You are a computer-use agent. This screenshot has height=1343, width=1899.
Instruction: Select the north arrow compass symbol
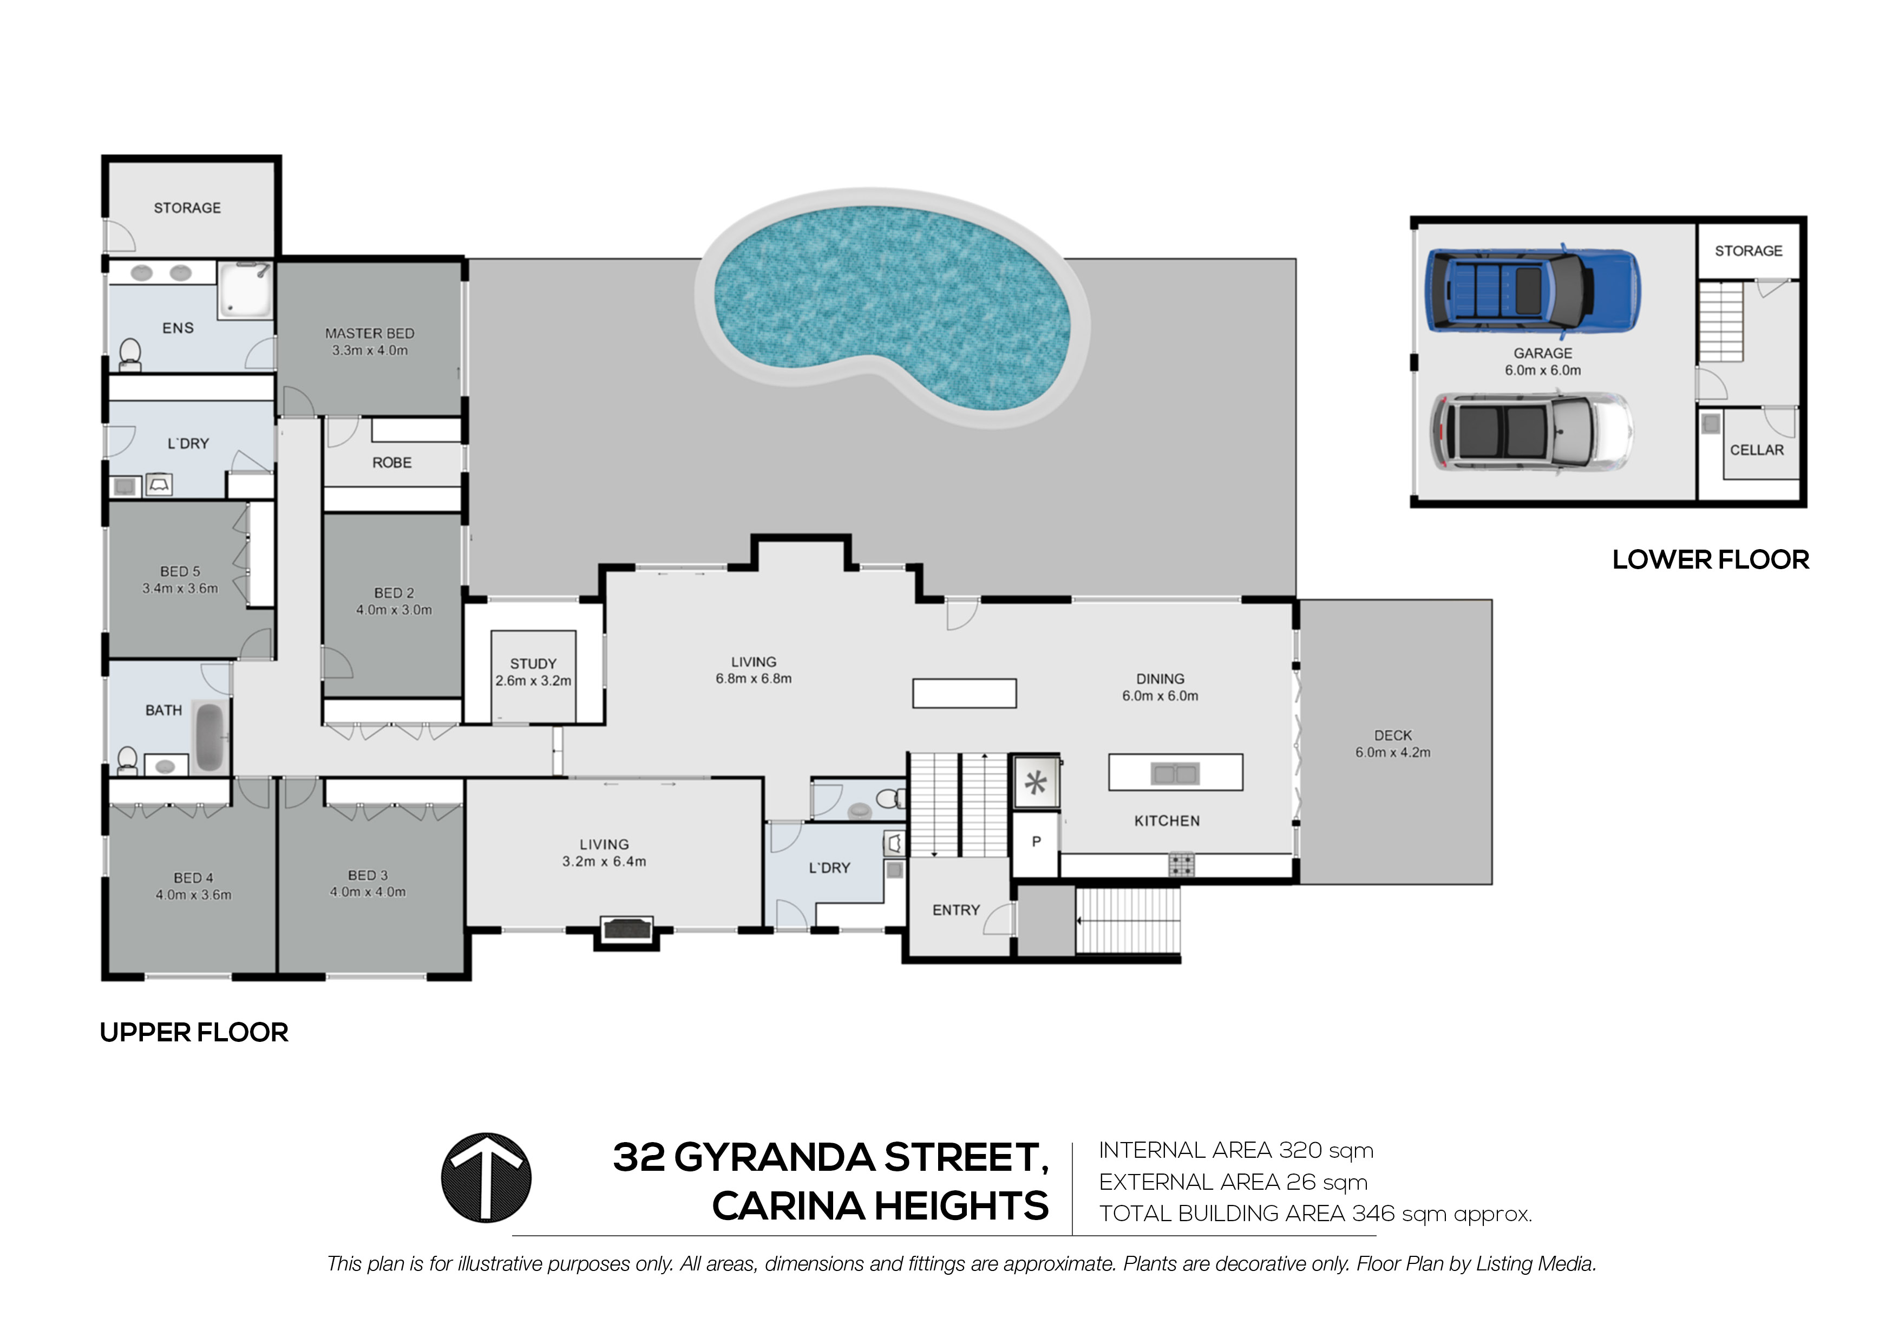(486, 1177)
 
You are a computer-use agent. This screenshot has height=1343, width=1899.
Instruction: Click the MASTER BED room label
(370, 334)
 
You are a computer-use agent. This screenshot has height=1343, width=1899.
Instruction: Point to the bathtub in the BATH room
(209, 736)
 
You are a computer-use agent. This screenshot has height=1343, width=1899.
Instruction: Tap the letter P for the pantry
(1036, 842)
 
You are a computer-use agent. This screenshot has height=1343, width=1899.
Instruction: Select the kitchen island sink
(1175, 774)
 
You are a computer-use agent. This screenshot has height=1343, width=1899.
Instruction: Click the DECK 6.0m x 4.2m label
(1393, 743)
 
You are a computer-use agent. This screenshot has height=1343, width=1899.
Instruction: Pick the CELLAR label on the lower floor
(1757, 450)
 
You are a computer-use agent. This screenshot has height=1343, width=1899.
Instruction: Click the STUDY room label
(533, 663)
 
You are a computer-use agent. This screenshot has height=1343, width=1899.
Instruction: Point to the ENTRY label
(955, 910)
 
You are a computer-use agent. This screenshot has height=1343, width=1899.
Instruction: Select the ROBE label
(391, 462)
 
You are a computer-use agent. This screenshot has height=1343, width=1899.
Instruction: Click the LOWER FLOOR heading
(1711, 560)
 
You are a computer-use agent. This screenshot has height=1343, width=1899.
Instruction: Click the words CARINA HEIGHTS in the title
(880, 1207)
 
